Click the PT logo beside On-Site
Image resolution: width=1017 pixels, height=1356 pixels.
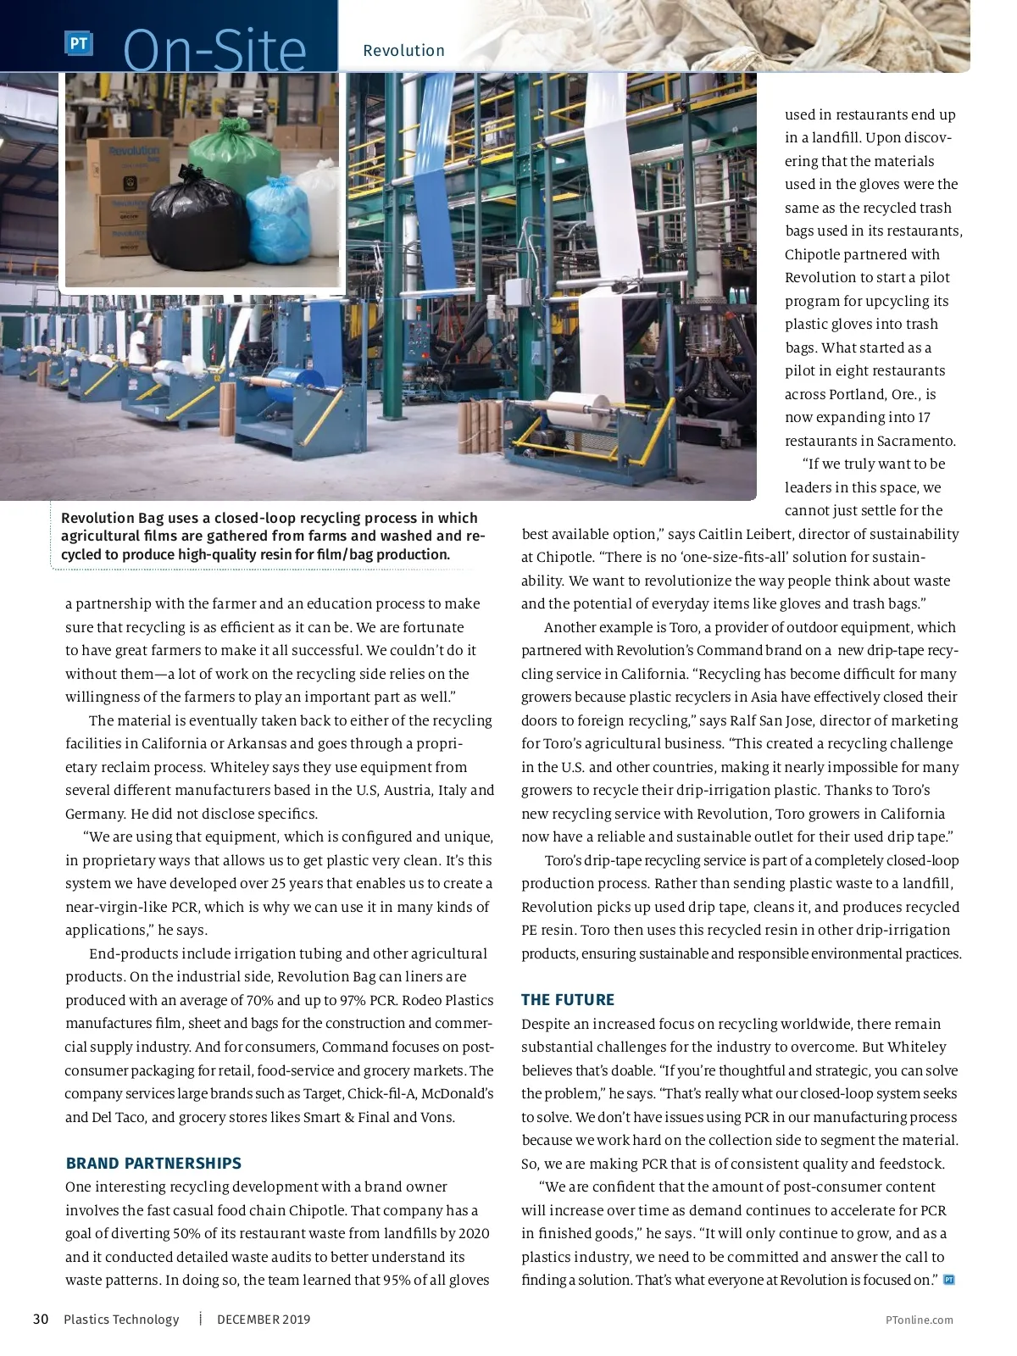[x=79, y=43]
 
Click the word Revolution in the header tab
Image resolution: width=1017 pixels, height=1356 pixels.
[x=403, y=51]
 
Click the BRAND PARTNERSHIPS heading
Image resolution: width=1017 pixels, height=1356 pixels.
[x=153, y=1164]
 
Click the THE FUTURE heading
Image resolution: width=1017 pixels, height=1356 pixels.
[x=568, y=1000]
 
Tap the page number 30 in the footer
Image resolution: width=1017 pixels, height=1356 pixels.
[x=41, y=1320]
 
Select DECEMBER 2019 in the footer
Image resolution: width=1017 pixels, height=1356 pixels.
[x=264, y=1320]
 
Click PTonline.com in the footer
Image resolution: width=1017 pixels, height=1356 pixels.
[x=919, y=1320]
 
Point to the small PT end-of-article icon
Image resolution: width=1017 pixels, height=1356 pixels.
[x=949, y=1280]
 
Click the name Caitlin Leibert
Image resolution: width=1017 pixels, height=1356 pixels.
[x=746, y=534]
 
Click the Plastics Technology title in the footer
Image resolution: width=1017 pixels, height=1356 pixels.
[x=121, y=1320]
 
